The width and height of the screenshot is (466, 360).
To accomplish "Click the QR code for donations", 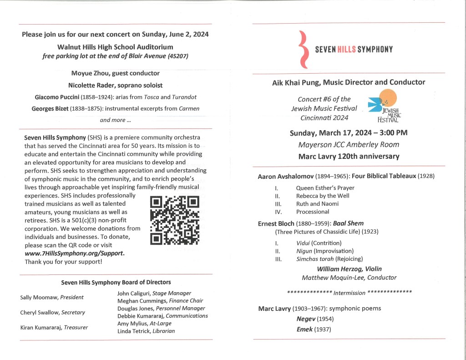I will point(174,220).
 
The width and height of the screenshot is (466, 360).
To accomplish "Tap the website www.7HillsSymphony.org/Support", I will point(74,253).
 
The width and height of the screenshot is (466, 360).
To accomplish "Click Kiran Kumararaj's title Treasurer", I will point(76,328).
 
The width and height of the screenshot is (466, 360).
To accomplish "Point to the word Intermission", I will point(349,293).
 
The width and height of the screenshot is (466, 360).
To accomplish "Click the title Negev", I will point(305,319).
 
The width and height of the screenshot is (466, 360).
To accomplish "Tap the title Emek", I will point(304,330).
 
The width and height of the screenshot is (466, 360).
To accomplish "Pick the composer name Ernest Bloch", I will point(276,223).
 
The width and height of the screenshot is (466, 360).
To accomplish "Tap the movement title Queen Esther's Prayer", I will point(325,188).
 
